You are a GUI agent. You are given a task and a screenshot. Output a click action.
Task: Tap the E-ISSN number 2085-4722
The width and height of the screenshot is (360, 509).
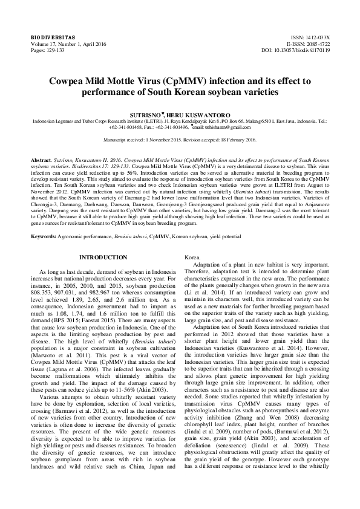pyautogui.click(x=318, y=44)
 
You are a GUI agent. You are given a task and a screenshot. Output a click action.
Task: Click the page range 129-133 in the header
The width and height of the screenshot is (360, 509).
pyautogui.click(x=54, y=50)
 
